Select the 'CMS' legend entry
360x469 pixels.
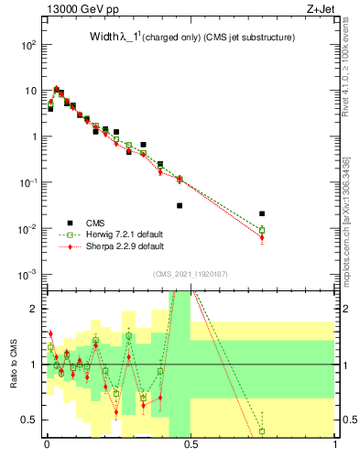pyautogui.click(x=95, y=223)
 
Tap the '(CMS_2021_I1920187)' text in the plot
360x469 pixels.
pyautogui.click(x=190, y=273)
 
